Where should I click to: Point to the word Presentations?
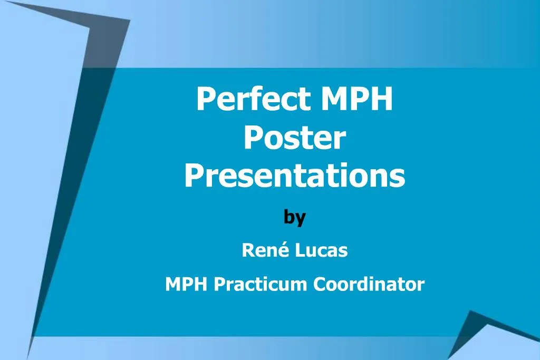295,176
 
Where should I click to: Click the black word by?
294,217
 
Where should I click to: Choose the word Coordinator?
369,285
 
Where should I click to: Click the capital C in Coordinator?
320,285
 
